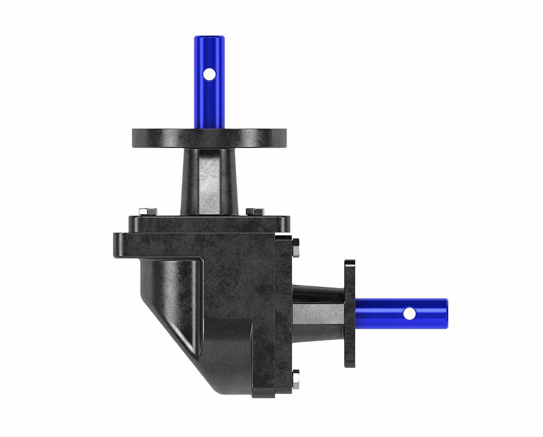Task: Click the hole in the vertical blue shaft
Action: pos(209,74)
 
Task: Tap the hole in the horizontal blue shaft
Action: pos(409,314)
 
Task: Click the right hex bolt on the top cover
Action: pos(255,211)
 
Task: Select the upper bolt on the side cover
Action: pos(296,248)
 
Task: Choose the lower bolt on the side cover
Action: pos(296,379)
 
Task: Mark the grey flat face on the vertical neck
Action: pos(209,180)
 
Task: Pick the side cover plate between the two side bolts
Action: pos(284,314)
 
